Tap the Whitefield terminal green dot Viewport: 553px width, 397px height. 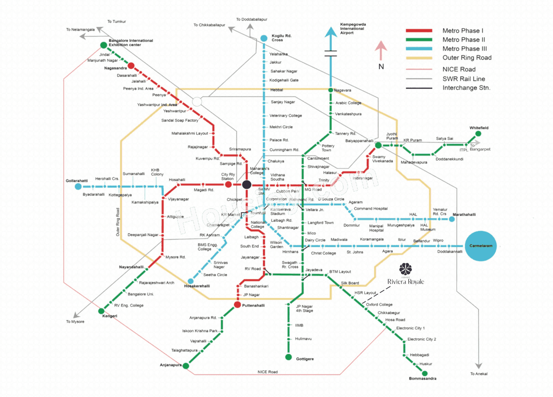point(478,134)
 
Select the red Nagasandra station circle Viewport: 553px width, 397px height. point(131,67)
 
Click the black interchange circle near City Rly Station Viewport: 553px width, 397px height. point(246,185)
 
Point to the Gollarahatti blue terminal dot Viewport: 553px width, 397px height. point(78,187)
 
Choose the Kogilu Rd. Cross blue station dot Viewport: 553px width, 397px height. point(264,38)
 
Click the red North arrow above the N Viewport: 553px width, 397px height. point(380,50)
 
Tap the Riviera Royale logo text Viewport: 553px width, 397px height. point(405,282)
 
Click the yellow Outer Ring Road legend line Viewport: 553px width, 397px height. point(419,58)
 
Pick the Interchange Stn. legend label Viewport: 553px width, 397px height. point(467,88)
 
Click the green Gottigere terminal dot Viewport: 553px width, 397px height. point(288,357)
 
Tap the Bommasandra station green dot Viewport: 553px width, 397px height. point(425,373)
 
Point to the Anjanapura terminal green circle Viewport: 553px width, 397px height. point(186,366)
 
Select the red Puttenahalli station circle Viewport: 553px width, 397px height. point(237,305)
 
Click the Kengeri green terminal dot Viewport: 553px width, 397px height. point(102,311)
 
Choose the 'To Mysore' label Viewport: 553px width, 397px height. point(75,322)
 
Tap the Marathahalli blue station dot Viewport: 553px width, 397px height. point(451,219)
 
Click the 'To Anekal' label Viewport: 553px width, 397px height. point(479,374)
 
